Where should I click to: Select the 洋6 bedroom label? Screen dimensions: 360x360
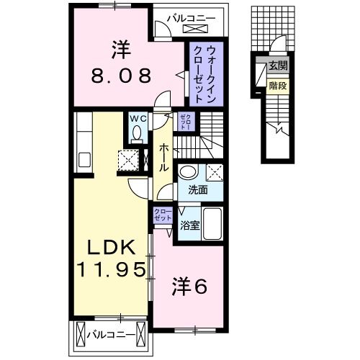coord(190,287)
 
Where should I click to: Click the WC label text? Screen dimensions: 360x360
coord(138,118)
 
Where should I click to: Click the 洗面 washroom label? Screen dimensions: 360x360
coord(198,191)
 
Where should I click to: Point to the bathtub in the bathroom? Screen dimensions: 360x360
coord(212,225)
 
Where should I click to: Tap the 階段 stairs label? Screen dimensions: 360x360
coord(277,84)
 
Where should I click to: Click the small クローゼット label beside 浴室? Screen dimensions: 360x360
coord(162,215)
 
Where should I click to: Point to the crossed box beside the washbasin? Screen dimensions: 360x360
coord(213,172)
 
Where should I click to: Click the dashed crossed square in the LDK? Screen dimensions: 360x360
coord(129,158)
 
